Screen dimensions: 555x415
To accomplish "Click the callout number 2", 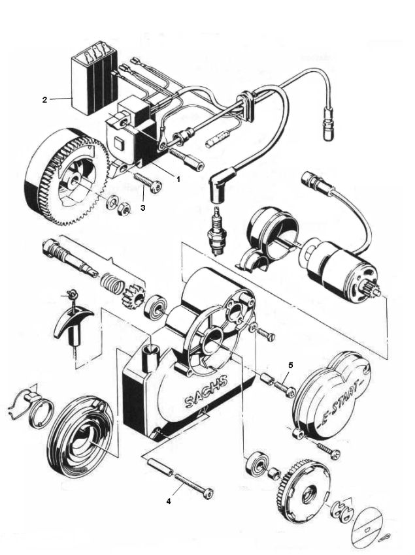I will [44, 100].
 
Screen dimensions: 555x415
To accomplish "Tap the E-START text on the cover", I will [343, 402].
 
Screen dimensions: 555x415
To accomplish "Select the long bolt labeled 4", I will [190, 486].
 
